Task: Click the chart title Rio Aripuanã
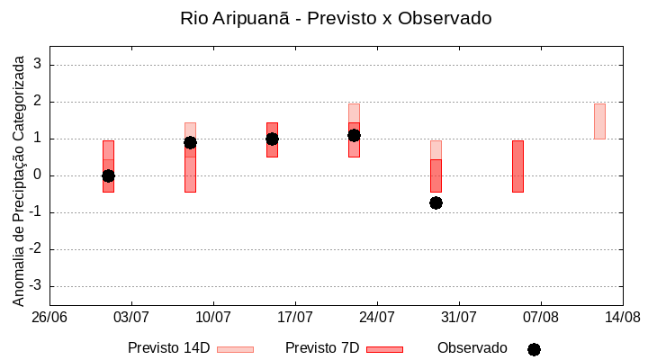336,18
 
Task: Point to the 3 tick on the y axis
39,65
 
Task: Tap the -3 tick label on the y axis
36,286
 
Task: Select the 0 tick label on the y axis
39,175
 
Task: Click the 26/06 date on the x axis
49,318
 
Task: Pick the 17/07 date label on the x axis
295,318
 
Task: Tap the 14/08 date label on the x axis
622,318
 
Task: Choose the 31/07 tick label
459,318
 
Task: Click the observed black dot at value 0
108,175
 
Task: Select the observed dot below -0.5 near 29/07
436,202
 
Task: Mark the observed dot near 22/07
354,135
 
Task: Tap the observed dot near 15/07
272,139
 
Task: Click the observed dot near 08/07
190,142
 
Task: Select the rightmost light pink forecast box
599,121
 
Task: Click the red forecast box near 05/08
517,166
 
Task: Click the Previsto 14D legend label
168,348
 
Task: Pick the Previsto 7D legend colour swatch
384,349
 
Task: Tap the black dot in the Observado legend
534,349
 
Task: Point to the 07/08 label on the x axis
540,318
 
